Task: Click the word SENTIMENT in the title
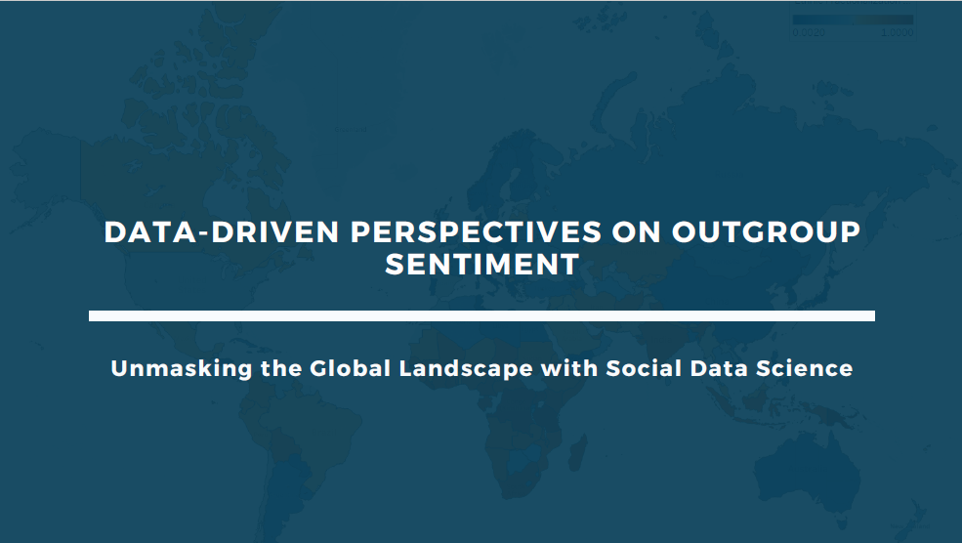[482, 265]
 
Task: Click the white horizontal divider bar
[481, 315]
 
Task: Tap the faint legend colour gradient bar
[853, 20]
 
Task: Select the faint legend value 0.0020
[810, 32]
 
